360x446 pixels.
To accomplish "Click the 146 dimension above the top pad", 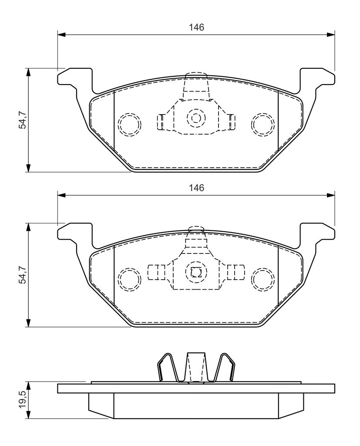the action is pos(196,27).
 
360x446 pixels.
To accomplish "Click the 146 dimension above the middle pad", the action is pos(196,188).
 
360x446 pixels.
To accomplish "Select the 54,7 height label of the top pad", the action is pos(22,121).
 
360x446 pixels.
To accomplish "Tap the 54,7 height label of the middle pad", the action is pos(22,275).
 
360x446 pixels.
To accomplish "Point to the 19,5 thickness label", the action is pos(22,400).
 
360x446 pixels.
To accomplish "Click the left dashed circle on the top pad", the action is pos(130,124).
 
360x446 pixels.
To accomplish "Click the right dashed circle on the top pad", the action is pos(263,124).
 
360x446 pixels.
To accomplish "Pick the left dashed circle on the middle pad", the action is pos(130,279).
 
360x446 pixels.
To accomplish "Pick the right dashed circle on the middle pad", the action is pos(263,279).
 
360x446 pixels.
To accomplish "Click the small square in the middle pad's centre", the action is pos(196,273).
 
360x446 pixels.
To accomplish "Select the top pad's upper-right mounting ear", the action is pos(316,81).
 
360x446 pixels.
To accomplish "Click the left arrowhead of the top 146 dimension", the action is pos(61,35).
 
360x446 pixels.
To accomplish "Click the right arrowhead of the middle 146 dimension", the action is pos(331,195).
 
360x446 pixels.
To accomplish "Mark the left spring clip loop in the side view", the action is pos(168,367).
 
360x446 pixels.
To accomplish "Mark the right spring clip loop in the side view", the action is pos(224,367).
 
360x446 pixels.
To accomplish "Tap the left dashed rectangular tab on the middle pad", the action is pos(156,272).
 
